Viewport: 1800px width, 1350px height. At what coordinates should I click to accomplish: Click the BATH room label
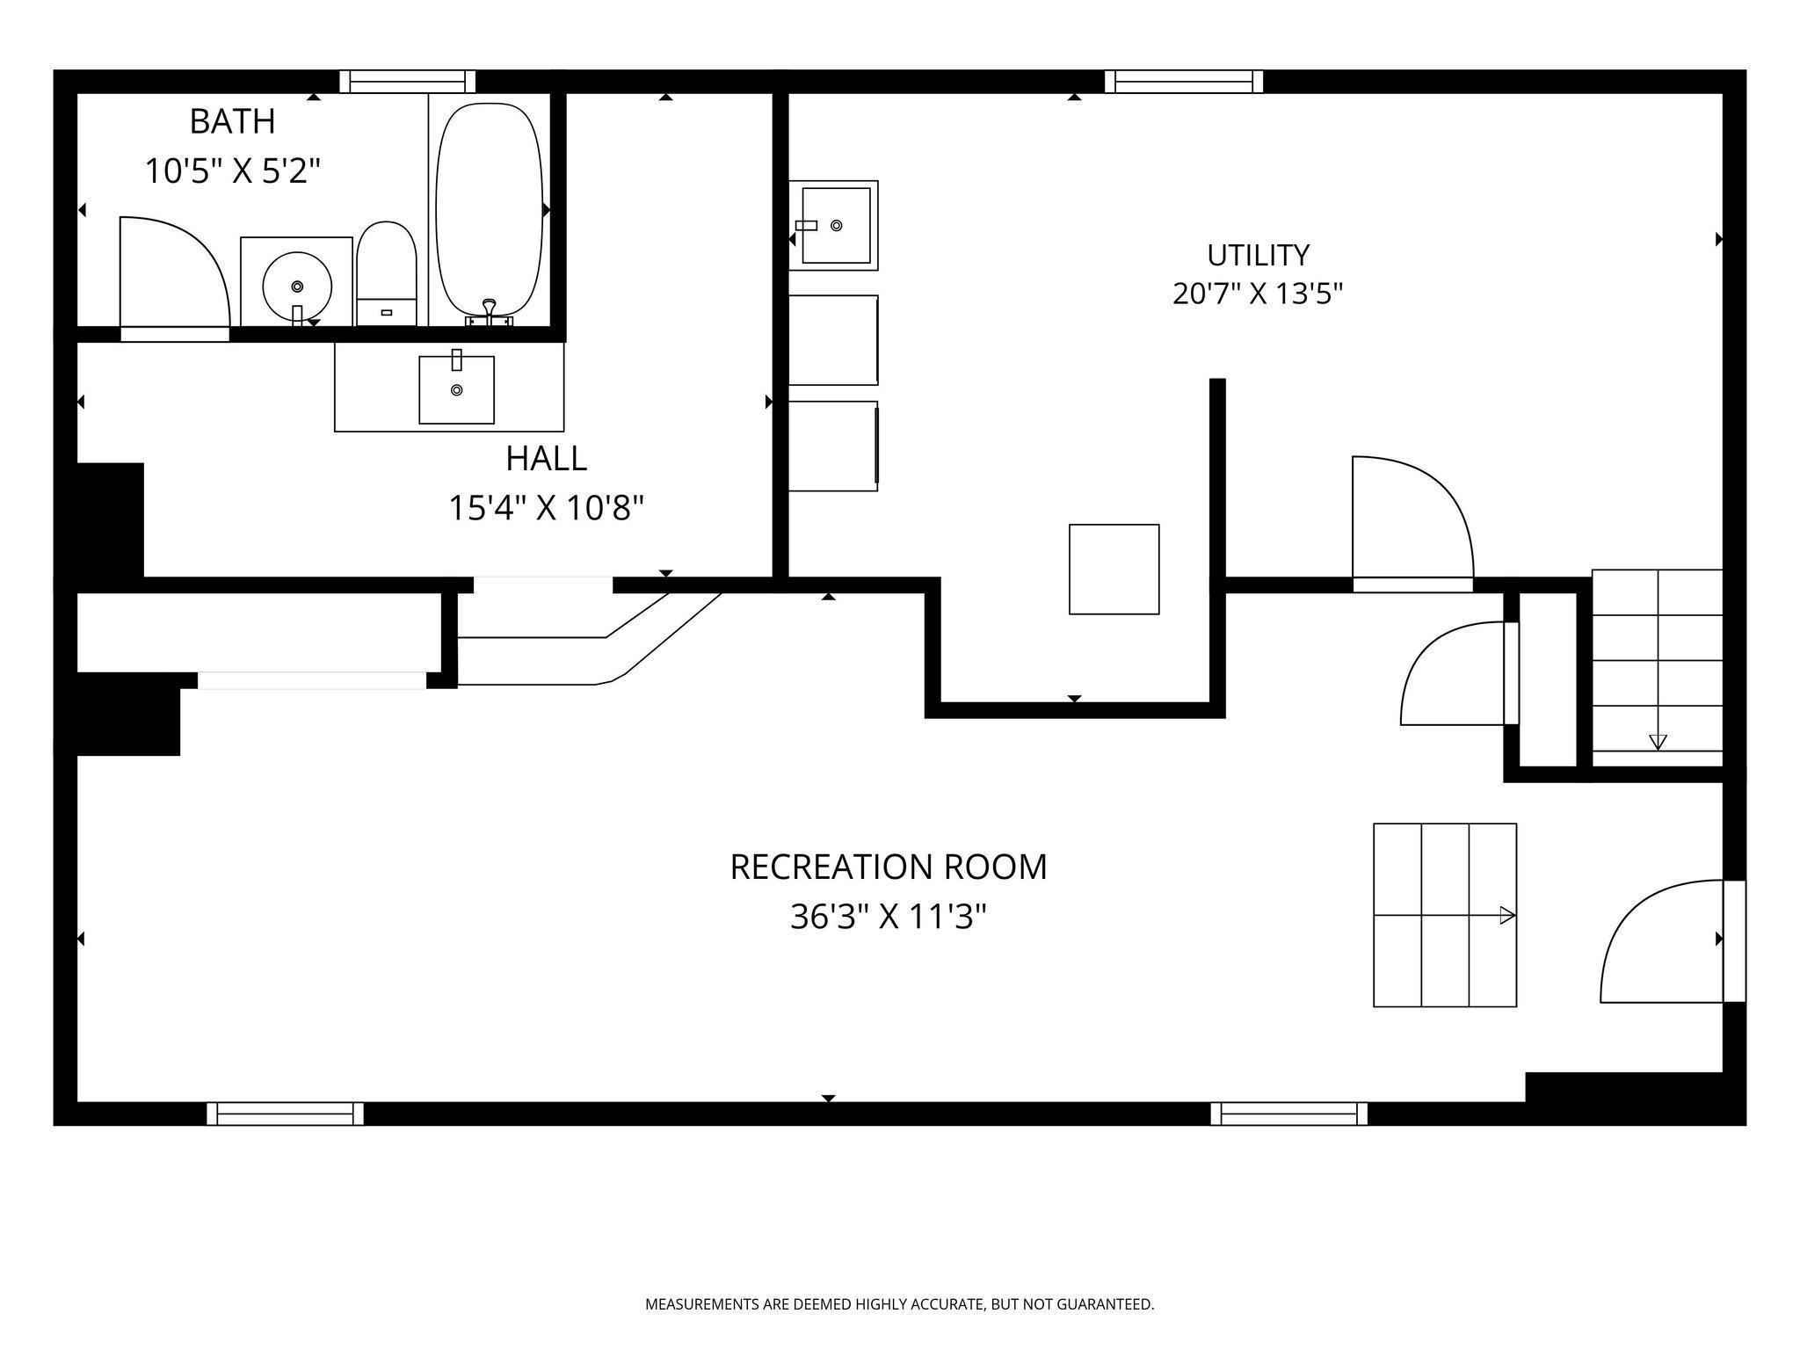(x=232, y=121)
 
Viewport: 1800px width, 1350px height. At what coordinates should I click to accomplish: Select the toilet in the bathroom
(x=387, y=273)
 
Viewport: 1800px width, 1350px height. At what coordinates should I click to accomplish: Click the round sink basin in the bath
(x=297, y=287)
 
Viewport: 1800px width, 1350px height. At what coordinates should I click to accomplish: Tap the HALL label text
(x=546, y=458)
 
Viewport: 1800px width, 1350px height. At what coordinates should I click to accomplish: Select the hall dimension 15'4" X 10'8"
(x=546, y=508)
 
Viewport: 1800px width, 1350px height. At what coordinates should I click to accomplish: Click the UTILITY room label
(x=1258, y=255)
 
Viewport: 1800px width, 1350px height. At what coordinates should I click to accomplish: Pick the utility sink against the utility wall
(x=833, y=225)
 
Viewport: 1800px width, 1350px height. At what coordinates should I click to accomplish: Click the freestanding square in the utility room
(x=1114, y=570)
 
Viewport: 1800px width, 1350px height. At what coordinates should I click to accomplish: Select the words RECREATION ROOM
(x=889, y=867)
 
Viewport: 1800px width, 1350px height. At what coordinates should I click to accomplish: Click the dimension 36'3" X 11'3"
(x=888, y=918)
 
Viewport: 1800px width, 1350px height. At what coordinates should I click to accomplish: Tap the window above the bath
(x=408, y=82)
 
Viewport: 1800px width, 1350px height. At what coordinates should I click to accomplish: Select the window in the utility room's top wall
(x=1184, y=82)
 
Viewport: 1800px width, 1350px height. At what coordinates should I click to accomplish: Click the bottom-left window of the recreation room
(x=285, y=1114)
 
